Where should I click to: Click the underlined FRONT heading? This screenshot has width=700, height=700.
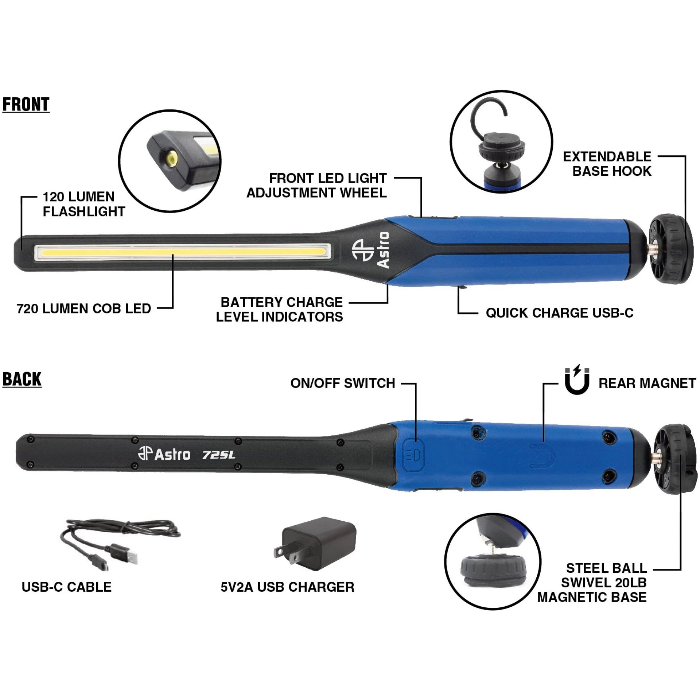(26, 105)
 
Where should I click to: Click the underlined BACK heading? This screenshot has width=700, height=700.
(22, 380)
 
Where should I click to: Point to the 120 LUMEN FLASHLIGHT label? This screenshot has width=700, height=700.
(84, 204)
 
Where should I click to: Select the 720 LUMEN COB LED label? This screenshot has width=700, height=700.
(84, 309)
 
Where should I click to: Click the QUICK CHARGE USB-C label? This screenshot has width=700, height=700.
(560, 313)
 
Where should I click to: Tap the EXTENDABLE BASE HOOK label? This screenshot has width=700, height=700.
(607, 164)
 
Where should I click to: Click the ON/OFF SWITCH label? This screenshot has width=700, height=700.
(343, 383)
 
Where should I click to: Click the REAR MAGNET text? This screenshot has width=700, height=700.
(647, 383)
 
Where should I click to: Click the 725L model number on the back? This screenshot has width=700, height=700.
(219, 455)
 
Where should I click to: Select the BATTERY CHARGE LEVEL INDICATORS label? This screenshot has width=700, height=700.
(280, 309)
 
